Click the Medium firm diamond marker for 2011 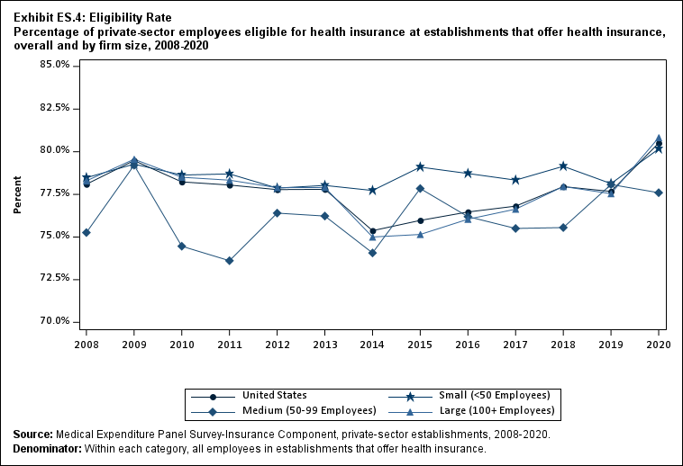[230, 261]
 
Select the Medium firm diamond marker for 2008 [87, 233]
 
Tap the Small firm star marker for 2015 [421, 167]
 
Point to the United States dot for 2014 [373, 231]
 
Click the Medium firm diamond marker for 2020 [659, 193]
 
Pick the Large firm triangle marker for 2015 [421, 235]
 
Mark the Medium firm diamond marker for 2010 [182, 246]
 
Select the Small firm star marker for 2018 [563, 166]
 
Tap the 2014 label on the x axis [373, 344]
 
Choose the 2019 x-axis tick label [611, 344]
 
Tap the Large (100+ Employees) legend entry [496, 411]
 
